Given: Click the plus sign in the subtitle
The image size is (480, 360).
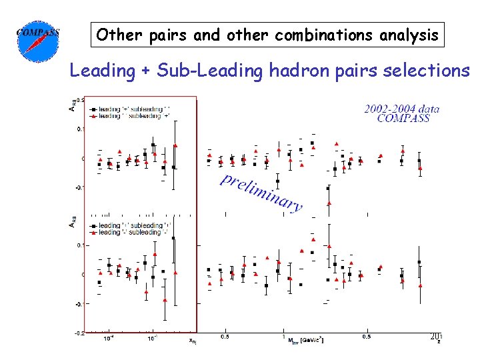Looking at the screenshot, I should (x=145, y=71).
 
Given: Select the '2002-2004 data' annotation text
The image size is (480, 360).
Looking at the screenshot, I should (x=401, y=109).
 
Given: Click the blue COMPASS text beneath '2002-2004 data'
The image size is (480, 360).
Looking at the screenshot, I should (x=403, y=119).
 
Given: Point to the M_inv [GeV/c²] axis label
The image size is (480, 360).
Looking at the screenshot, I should (x=306, y=341).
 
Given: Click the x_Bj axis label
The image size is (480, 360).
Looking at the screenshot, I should (x=192, y=341).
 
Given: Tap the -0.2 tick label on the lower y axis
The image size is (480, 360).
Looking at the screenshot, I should (x=79, y=331).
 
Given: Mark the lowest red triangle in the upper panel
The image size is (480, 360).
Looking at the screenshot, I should (x=329, y=201).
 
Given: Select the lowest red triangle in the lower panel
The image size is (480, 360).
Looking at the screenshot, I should (x=165, y=300).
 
